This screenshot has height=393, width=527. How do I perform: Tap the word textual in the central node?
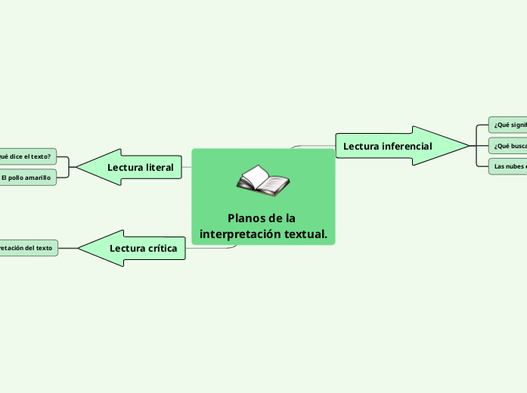pyautogui.click(x=306, y=234)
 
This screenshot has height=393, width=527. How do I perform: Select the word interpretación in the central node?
pyautogui.click(x=235, y=234)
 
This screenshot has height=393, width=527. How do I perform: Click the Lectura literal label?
pyautogui.click(x=141, y=167)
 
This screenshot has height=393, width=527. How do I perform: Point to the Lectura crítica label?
pyautogui.click(x=143, y=248)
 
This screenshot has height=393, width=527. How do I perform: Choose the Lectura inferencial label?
pyautogui.click(x=387, y=146)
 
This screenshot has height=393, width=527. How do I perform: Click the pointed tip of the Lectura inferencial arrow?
pyautogui.click(x=468, y=145)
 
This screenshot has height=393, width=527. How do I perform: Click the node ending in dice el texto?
pyautogui.click(x=26, y=157)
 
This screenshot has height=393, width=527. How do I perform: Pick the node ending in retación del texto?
pyautogui.click(x=27, y=247)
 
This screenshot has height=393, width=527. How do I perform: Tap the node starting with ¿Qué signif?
pyautogui.click(x=508, y=125)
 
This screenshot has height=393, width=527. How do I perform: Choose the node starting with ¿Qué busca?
pyautogui.click(x=508, y=145)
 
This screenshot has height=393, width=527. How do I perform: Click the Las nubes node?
pyautogui.click(x=508, y=166)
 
